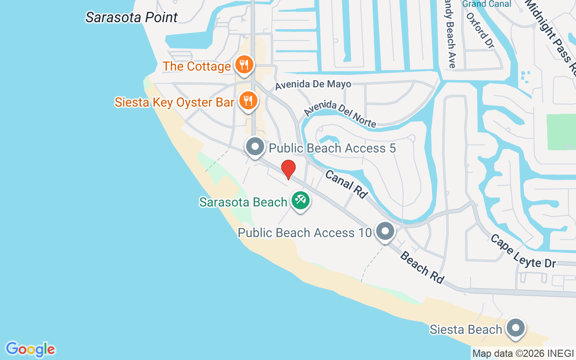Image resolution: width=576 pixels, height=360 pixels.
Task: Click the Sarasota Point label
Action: (131, 18)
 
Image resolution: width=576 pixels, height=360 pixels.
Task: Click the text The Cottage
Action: (197, 66)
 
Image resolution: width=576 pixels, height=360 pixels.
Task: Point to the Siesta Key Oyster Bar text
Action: (175, 102)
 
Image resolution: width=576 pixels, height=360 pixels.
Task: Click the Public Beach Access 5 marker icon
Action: (256, 147)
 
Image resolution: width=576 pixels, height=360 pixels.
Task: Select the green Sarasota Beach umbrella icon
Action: (300, 201)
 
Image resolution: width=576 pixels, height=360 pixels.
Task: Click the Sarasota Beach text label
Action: (243, 202)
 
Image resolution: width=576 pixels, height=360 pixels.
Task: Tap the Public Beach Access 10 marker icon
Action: (385, 232)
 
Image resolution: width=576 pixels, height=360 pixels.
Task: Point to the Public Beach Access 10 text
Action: (305, 233)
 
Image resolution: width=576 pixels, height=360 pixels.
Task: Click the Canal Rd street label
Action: (346, 184)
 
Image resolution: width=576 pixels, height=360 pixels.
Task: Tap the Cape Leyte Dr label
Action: (523, 251)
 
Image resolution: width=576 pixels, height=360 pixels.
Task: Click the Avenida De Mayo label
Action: (313, 84)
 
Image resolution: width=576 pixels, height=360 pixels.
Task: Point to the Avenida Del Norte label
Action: (340, 114)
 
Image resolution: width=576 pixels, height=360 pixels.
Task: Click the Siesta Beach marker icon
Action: (516, 328)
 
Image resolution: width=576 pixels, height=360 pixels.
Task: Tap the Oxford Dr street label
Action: (480, 31)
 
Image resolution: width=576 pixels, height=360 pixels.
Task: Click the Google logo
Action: (30, 349)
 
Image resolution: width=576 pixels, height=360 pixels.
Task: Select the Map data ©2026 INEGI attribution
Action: (523, 354)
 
